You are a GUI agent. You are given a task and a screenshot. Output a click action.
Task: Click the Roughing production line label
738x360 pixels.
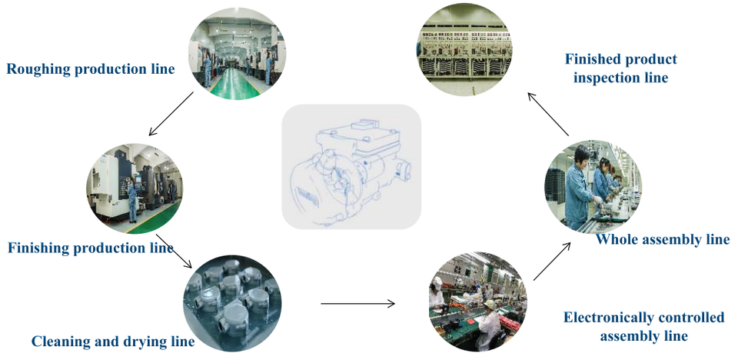tap(91, 69)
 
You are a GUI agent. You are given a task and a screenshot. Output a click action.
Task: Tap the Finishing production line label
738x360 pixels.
tap(91, 248)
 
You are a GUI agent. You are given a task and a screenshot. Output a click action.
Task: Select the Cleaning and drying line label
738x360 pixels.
tap(113, 341)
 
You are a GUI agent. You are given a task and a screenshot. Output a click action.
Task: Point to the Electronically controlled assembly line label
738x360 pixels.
tap(644, 326)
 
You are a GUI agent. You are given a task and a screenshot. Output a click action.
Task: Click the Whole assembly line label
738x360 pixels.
tap(663, 239)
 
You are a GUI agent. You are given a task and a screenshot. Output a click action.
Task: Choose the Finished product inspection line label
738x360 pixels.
tap(621, 68)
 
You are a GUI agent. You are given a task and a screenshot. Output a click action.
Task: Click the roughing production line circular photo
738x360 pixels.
tap(238, 54)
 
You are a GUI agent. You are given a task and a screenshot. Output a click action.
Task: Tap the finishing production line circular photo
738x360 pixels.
tap(134, 188)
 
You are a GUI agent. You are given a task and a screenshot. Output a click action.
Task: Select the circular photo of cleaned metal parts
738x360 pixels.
tap(231, 303)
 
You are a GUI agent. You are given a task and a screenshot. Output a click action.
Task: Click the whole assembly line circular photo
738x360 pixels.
tap(593, 186)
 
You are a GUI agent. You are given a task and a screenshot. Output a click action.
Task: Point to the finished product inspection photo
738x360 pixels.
tap(464, 49)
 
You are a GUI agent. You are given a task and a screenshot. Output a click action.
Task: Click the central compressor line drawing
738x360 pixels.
tap(351, 167)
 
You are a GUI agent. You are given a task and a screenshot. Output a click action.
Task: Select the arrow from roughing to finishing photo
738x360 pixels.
tap(171, 114)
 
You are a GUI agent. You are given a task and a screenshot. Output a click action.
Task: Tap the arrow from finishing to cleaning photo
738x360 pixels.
tap(174, 251)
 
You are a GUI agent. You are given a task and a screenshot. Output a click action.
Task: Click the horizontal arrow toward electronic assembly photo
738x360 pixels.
tap(358, 303)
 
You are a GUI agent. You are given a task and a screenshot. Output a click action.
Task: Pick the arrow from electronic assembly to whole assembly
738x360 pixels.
tap(552, 262)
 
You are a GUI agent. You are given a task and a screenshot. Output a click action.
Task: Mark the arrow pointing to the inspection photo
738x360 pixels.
tap(548, 115)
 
